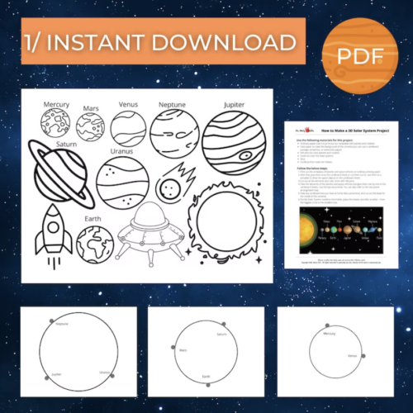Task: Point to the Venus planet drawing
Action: pos(129,128)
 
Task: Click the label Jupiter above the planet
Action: pos(234,105)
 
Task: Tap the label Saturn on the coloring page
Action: pos(67,145)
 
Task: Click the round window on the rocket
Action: pos(51,222)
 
